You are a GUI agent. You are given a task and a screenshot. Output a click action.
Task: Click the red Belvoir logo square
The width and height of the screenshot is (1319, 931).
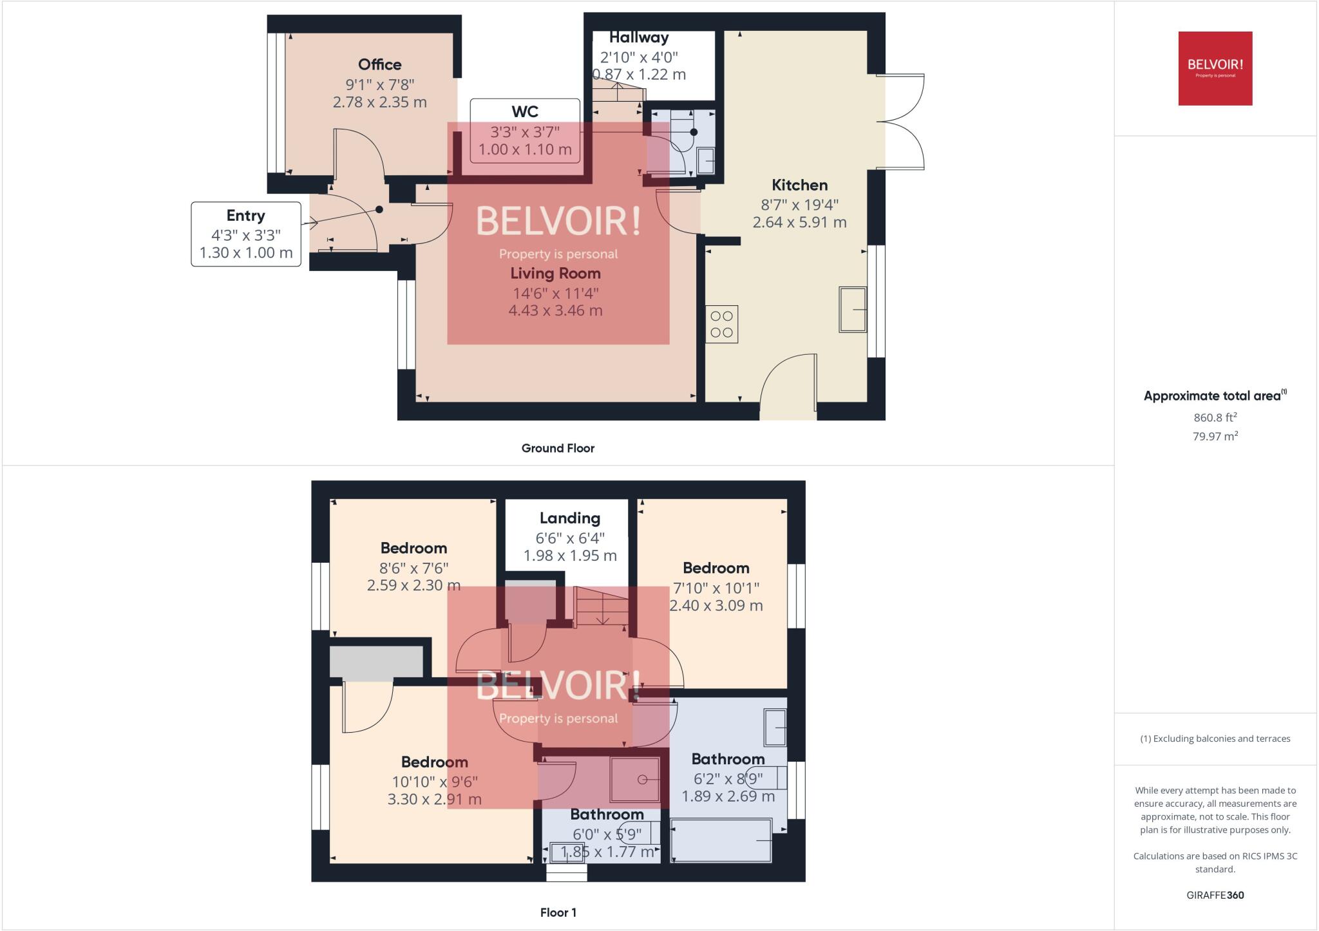coord(1215,68)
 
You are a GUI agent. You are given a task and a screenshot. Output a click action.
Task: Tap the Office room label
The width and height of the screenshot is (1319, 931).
coord(379,64)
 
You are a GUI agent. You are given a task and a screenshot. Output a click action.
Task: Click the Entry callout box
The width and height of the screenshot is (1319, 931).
coord(245,234)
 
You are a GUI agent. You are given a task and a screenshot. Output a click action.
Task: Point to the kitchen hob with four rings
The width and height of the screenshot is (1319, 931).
coord(721,324)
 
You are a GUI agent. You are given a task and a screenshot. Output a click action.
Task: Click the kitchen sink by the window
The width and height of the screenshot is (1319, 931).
coord(852,310)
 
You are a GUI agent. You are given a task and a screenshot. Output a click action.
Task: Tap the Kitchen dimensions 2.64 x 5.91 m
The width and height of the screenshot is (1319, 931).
coord(799,222)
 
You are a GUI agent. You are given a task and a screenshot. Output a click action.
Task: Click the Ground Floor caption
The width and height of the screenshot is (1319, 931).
coord(557,448)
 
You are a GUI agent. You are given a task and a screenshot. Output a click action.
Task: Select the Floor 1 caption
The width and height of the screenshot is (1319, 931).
coord(558,912)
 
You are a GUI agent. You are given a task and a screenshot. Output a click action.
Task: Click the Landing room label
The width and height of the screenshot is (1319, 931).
coord(569,518)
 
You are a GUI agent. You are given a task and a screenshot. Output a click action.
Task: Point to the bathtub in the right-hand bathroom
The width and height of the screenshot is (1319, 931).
coord(721,840)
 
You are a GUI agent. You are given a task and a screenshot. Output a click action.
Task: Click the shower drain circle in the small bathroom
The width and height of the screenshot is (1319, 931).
coord(642,780)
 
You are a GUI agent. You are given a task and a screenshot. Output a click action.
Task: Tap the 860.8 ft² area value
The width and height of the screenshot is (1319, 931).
coord(1215,417)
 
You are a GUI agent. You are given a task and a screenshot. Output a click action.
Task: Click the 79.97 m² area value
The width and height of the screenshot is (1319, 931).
coord(1215,436)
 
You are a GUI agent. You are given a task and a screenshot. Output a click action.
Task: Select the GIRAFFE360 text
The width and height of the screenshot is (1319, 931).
coord(1215,895)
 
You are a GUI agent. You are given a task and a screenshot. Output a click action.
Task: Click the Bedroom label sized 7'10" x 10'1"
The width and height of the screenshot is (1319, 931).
coord(716,568)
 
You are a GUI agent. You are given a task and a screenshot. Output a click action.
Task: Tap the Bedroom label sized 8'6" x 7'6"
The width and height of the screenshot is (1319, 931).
coord(413,548)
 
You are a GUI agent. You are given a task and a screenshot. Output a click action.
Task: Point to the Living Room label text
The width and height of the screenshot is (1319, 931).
coord(555,273)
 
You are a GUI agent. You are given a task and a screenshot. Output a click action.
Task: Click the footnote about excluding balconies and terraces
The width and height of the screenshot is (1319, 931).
coord(1215,738)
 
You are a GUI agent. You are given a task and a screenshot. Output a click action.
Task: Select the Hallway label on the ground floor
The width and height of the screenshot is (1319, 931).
coord(638,37)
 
